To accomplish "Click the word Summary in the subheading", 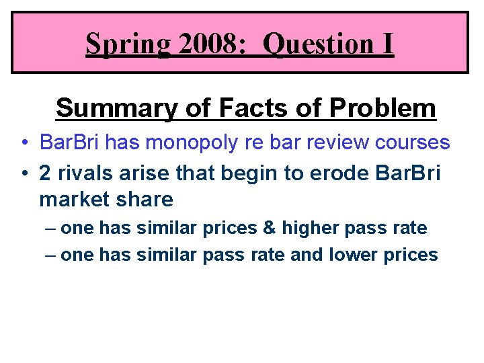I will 108,108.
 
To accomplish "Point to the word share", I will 145,200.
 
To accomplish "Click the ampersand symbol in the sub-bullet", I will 270,229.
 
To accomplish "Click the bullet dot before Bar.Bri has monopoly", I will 24,143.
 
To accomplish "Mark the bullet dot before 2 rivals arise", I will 24,172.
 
